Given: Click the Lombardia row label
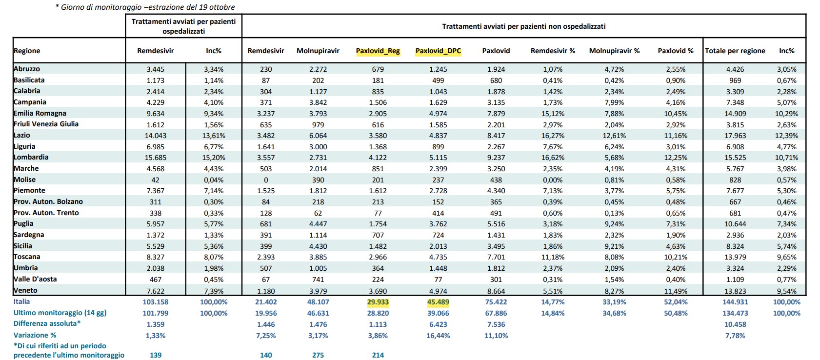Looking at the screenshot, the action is click(x=31, y=157).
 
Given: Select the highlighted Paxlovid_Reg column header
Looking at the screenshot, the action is click(x=378, y=51).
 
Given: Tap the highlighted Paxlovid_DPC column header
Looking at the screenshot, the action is click(x=438, y=51).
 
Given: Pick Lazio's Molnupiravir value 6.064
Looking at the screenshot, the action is click(x=318, y=136).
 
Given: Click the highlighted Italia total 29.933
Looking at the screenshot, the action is click(x=378, y=302).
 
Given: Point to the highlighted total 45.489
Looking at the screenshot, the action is click(x=438, y=302).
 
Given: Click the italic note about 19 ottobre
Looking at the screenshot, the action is click(x=145, y=7).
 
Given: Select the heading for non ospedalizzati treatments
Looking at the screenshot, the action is click(x=524, y=26).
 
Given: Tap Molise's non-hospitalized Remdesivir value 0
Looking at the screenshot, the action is click(x=266, y=180).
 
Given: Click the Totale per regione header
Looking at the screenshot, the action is click(x=735, y=51).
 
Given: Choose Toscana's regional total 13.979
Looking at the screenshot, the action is click(x=735, y=257).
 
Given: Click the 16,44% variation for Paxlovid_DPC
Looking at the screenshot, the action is click(x=438, y=336).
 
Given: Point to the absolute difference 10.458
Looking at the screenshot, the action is click(x=735, y=324).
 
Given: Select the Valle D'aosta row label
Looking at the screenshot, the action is click(x=35, y=279).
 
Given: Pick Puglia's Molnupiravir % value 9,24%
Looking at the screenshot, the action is click(x=614, y=224).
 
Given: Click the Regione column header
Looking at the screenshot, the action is click(x=27, y=51).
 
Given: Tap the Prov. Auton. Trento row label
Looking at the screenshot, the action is click(x=46, y=213).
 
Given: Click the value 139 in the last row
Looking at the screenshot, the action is click(x=156, y=355).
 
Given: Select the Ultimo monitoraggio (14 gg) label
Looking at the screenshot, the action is click(x=60, y=313).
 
